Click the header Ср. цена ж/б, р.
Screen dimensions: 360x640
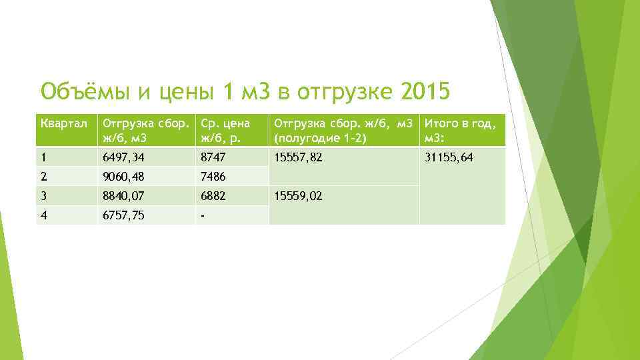pos(225,129)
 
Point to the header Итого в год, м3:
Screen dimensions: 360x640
pos(459,129)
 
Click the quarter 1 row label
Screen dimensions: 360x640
pos(43,157)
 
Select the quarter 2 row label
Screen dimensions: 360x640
pos(44,177)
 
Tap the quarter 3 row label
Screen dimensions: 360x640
pos(44,196)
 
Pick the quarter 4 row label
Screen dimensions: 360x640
pos(44,215)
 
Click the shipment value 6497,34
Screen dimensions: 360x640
pos(125,157)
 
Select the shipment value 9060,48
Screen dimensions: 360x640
pos(125,177)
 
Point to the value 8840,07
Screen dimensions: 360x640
pos(125,196)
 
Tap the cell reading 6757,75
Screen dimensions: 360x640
pos(125,215)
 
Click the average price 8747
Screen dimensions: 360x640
pos(214,157)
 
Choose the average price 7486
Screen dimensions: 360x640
pos(214,177)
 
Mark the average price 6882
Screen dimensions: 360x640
pos(214,196)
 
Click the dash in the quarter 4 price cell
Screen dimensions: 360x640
pos(203,215)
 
